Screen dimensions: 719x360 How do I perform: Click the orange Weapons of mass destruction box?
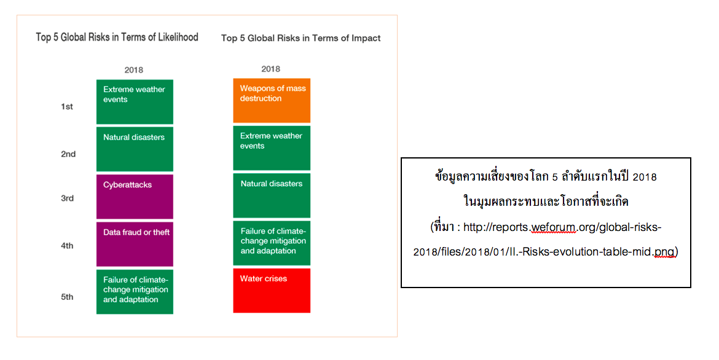tap(272, 100)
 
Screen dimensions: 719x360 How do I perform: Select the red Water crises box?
tap(272, 291)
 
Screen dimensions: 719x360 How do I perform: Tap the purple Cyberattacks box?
tap(135, 197)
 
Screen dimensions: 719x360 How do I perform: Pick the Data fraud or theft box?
tap(135, 245)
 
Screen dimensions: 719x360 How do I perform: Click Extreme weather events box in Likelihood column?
tap(135, 102)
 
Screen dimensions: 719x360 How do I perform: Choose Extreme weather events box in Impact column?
tap(272, 148)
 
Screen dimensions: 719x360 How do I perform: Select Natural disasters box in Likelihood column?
tap(135, 149)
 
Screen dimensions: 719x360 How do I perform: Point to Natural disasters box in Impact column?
tap(272, 196)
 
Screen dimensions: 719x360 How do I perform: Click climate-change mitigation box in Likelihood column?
tap(135, 292)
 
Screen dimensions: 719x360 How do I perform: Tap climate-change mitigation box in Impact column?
tap(272, 243)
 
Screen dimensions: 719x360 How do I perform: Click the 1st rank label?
tap(67, 106)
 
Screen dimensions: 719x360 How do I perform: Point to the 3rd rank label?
tap(68, 198)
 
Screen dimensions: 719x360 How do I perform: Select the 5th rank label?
tap(68, 297)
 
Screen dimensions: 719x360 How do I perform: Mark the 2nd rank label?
tap(68, 154)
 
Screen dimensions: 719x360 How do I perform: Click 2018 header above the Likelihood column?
tap(134, 70)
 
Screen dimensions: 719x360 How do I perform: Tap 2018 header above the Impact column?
tap(270, 69)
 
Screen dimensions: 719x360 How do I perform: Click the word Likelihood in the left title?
tap(178, 37)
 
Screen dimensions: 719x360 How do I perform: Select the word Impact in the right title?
tap(366, 39)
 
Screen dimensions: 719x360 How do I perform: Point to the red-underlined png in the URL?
tap(664, 252)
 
